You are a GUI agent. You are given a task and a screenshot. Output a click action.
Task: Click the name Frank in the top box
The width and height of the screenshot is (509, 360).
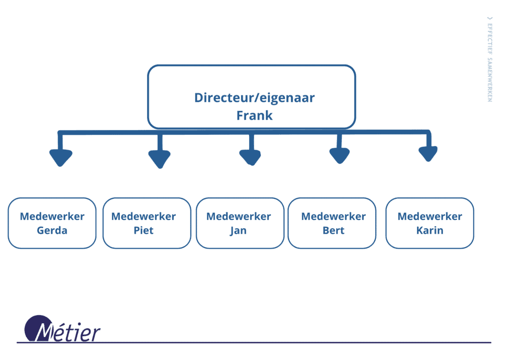[x=254, y=115]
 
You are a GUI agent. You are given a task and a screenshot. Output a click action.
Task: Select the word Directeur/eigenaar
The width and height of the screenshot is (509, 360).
[x=254, y=97]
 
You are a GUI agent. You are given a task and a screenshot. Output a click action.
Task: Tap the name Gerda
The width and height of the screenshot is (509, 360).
[x=52, y=231]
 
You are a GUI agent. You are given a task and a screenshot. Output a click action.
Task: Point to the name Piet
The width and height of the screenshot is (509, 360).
[x=144, y=231]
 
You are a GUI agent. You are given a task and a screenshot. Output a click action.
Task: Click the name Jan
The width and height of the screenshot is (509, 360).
[x=238, y=231]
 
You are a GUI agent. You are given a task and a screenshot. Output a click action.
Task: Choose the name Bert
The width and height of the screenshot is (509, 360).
[x=333, y=231]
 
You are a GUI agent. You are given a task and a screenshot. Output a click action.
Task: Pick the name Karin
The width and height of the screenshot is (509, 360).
[x=429, y=231]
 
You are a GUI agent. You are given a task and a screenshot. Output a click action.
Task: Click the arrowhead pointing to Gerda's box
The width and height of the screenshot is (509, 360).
[x=61, y=158]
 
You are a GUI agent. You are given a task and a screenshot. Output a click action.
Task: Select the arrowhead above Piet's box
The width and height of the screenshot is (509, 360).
[x=160, y=159]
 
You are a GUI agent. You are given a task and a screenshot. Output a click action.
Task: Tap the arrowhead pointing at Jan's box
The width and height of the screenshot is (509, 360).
[x=250, y=157]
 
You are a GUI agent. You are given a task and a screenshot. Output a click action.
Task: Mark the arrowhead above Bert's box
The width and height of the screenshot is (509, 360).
[x=339, y=156]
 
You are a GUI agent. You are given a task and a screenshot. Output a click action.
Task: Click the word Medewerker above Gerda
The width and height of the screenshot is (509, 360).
[x=52, y=216]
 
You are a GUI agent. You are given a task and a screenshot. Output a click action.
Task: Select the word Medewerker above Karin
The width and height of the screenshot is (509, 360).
[x=429, y=216]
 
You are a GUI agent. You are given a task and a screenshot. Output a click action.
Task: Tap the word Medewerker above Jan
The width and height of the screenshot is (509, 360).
[x=238, y=216]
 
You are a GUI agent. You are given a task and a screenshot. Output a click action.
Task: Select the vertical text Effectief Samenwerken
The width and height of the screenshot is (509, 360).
[x=490, y=60]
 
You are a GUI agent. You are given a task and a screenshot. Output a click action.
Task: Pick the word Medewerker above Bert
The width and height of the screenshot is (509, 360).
[x=333, y=216]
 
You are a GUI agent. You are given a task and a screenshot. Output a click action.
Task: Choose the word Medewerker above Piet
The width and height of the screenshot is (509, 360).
[x=144, y=216]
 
